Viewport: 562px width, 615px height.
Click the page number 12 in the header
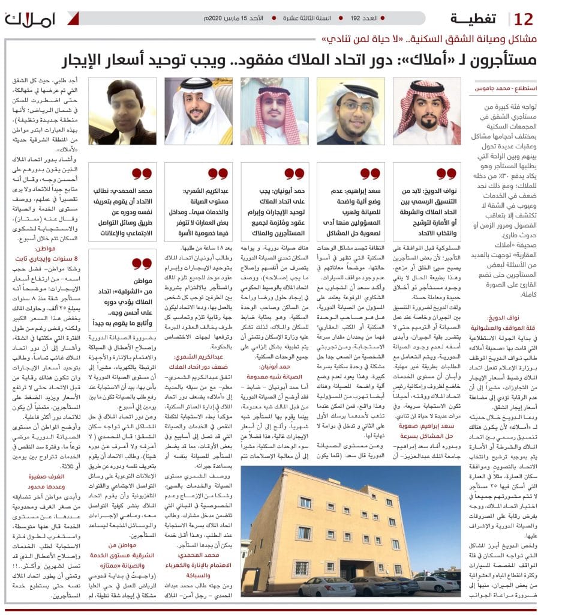524,19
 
